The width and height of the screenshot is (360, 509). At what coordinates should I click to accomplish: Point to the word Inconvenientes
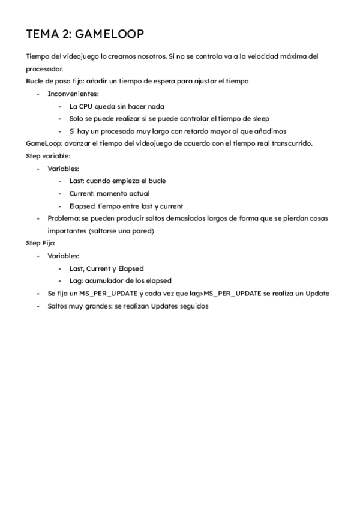pyautogui.click(x=73, y=94)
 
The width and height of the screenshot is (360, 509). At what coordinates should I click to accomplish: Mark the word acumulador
pyautogui.click(x=107, y=280)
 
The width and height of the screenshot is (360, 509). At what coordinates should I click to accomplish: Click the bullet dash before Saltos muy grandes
pyautogui.click(x=38, y=306)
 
